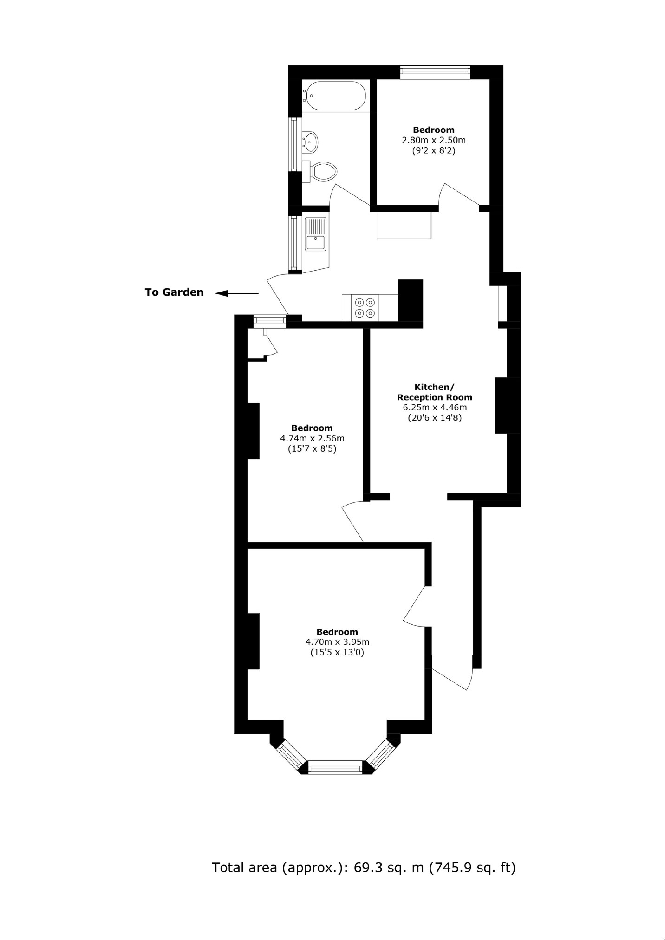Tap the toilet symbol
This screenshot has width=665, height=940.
click(324, 172)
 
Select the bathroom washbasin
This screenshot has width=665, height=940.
click(310, 142)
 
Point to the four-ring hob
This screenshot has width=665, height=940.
click(365, 307)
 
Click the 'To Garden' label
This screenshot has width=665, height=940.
click(174, 292)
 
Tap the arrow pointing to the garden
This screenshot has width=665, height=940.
click(237, 293)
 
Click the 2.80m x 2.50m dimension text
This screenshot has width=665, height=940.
click(433, 140)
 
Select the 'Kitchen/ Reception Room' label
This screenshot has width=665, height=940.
click(434, 392)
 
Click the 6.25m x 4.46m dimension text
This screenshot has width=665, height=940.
click(434, 408)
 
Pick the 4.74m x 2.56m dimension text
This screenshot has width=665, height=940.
click(312, 438)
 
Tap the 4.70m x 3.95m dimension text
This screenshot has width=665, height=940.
click(337, 642)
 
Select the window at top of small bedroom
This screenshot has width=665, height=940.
click(435, 71)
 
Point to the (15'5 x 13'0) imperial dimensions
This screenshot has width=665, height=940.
click(337, 652)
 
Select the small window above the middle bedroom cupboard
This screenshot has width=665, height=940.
click(269, 321)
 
